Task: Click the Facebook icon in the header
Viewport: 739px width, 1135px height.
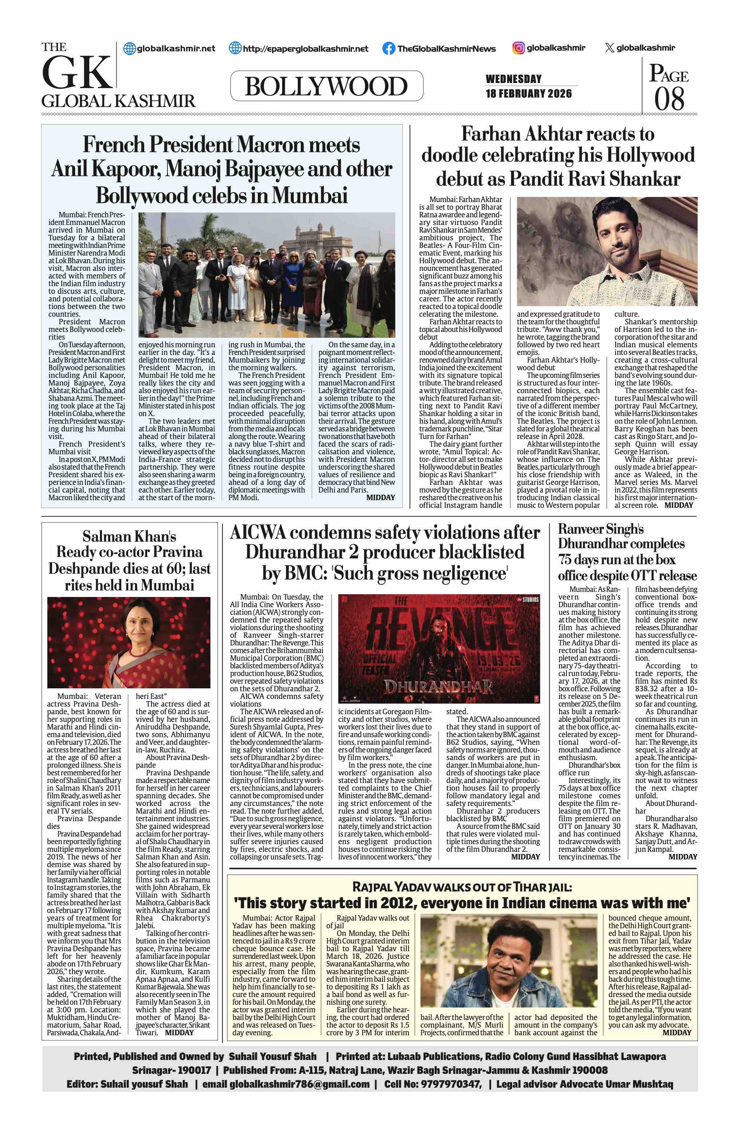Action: pyautogui.click(x=388, y=48)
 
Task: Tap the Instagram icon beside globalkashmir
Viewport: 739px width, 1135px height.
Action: pyautogui.click(x=519, y=48)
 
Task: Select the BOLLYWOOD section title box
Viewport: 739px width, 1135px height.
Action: pyautogui.click(x=327, y=86)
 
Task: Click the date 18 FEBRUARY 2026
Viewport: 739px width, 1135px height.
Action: pyautogui.click(x=528, y=94)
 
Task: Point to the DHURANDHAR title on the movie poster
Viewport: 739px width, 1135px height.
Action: pyautogui.click(x=438, y=687)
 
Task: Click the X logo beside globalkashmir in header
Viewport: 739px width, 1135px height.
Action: pyautogui.click(x=609, y=48)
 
